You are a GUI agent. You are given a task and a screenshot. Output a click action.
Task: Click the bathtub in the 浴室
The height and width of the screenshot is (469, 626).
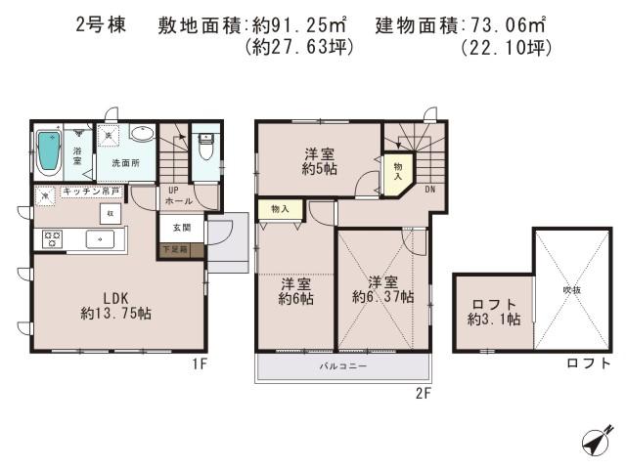(49, 152)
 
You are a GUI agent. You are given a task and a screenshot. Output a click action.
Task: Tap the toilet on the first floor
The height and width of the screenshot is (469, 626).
(205, 149)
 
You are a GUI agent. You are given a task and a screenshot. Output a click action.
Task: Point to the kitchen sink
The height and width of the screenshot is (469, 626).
(100, 237)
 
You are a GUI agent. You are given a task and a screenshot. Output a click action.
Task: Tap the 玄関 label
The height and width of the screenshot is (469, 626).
(182, 227)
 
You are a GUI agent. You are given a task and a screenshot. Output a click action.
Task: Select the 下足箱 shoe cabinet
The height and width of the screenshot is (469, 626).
(182, 251)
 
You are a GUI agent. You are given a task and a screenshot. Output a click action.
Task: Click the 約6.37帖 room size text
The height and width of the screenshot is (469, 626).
(382, 296)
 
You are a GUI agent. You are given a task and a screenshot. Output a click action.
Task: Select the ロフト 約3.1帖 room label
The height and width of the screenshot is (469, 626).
(493, 311)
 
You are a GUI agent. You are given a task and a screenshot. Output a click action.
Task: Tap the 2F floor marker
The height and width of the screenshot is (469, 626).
(422, 392)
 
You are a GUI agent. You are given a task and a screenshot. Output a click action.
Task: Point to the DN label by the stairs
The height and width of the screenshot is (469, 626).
(429, 190)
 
